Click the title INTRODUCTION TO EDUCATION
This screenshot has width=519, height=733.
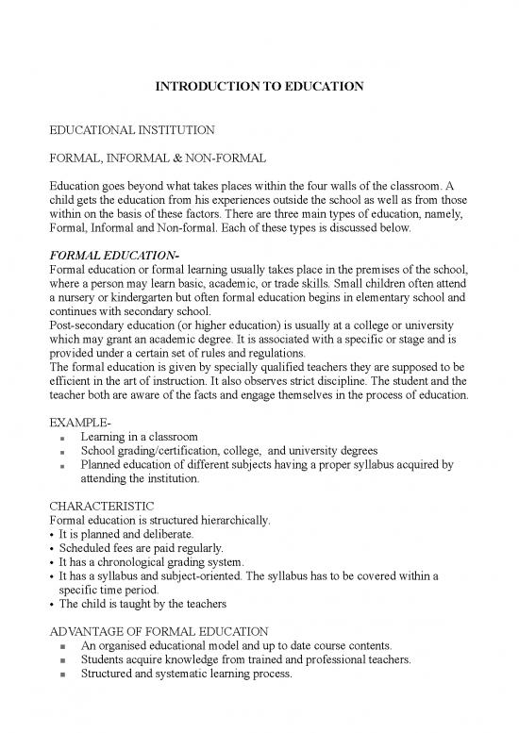pyautogui.click(x=259, y=89)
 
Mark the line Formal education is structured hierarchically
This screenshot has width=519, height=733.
pyautogui.click(x=157, y=519)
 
